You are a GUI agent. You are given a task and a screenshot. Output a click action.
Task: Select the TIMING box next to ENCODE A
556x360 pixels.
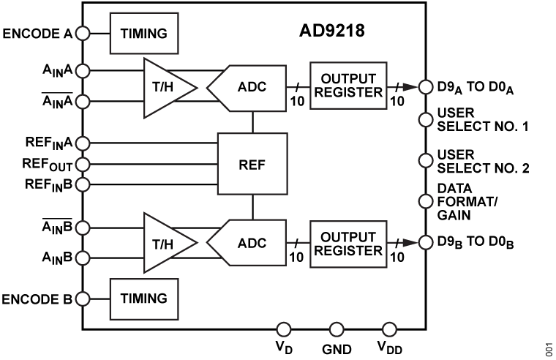point(144,33)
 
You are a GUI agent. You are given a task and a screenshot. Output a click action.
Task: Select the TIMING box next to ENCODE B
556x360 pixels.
point(144,299)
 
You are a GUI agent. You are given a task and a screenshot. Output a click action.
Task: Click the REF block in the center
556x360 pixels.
point(252,163)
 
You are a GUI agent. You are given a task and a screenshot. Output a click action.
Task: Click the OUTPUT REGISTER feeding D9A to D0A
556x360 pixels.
point(346,86)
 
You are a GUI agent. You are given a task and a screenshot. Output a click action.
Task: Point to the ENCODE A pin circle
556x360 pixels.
point(83,33)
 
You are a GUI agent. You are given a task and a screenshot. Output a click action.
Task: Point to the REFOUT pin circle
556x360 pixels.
point(83,163)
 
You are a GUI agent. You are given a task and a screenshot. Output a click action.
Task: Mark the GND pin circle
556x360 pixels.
point(336,330)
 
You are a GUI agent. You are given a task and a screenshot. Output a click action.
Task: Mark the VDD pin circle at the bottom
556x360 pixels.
point(389,330)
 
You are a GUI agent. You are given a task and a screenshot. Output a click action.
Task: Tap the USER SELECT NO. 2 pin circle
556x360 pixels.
point(423,161)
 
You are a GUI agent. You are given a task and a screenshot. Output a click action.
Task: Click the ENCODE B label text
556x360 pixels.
point(37,299)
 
